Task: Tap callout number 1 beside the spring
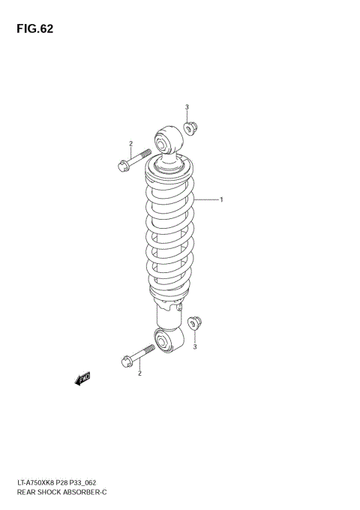[x=222, y=200]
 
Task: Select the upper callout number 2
[x=130, y=144]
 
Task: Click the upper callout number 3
[x=187, y=107]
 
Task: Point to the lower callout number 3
[x=195, y=347]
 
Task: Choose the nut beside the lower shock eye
[x=197, y=325]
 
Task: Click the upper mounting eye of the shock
[x=166, y=140]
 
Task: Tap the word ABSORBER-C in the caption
[x=83, y=493]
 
